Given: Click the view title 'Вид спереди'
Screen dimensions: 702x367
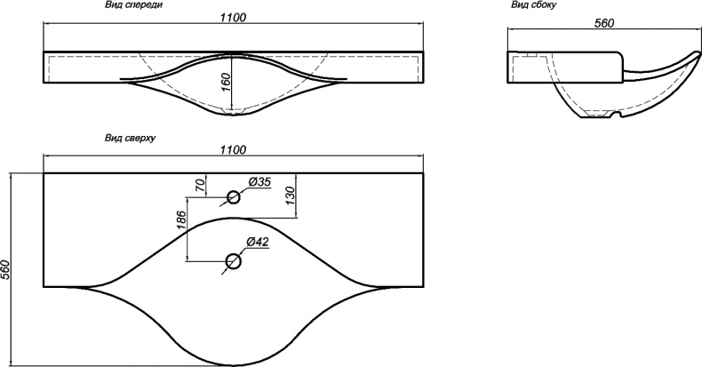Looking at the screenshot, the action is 134,5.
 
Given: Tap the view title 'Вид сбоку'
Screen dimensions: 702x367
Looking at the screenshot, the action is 534,5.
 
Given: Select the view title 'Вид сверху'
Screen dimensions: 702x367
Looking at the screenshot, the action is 131,138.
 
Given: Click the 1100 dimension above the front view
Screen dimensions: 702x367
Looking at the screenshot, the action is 233,18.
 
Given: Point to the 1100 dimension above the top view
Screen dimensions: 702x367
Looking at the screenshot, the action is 233,149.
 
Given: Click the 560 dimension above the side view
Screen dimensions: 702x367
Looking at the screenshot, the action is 604,23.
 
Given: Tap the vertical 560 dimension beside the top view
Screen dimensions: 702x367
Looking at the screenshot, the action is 5,269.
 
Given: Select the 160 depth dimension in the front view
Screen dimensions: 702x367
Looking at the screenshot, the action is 226,83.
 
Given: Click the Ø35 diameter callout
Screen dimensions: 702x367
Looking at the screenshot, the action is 259,182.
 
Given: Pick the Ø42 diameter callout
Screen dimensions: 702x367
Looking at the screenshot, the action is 258,242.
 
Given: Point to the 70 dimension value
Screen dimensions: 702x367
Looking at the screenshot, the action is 201,185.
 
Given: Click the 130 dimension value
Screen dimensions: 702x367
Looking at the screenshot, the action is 290,195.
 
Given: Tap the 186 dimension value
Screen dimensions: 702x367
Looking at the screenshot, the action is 181,219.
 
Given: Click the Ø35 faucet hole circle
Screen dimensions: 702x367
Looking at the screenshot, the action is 233,197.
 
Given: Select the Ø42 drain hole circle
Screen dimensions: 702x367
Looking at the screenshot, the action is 233,261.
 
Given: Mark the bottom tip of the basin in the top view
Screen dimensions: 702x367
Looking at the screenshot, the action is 233,364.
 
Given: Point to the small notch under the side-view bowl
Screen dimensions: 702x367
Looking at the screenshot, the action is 615,117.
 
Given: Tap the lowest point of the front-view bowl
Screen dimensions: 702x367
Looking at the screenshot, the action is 233,116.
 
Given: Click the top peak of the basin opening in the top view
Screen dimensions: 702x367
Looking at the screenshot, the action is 233,219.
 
